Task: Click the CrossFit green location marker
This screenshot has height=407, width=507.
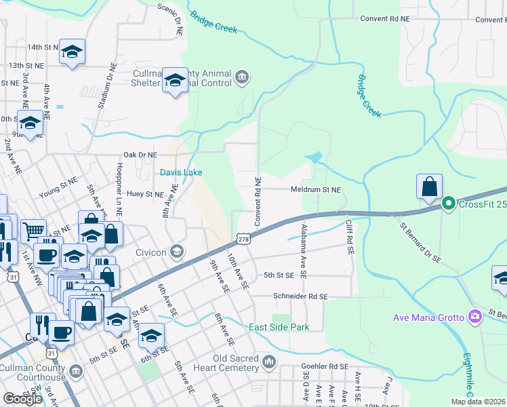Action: [447, 203]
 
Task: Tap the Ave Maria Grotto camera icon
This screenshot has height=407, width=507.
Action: [475, 317]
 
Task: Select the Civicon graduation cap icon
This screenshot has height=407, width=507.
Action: [177, 252]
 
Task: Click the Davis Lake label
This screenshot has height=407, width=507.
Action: [181, 172]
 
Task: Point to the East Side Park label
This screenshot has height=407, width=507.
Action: [279, 327]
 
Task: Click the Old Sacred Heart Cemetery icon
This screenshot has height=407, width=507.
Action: [270, 362]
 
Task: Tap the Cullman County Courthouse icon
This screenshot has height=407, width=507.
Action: [75, 371]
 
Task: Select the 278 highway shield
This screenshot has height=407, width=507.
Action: [243, 239]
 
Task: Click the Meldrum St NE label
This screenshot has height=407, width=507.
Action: [316, 190]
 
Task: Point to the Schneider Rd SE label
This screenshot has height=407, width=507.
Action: [300, 296]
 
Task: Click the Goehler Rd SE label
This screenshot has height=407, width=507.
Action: [324, 366]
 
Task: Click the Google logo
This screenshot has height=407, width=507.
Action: [22, 399]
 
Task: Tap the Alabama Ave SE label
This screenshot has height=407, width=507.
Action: [304, 252]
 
